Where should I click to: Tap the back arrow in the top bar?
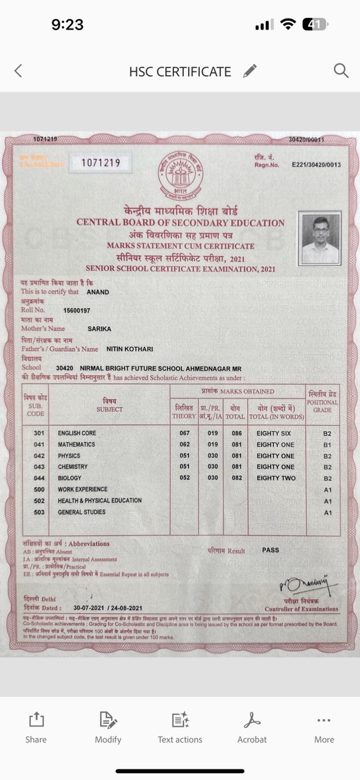(18, 70)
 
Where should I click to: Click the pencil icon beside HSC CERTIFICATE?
(250, 71)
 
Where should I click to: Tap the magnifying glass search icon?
(341, 70)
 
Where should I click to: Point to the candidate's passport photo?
(320, 238)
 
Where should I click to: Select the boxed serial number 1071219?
(101, 163)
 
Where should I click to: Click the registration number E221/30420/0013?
(316, 165)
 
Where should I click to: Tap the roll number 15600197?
(77, 310)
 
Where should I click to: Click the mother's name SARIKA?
(99, 329)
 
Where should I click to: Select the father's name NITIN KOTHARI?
(130, 349)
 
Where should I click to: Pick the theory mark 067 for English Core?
(185, 433)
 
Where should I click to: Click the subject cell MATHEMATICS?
(76, 444)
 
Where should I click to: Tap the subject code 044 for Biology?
(39, 478)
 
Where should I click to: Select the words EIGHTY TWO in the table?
(276, 478)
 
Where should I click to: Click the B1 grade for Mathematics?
(327, 445)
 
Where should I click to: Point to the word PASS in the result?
(270, 550)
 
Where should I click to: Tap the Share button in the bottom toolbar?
(36, 727)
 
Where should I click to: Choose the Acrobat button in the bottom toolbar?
(252, 727)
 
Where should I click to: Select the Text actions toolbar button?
(180, 727)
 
